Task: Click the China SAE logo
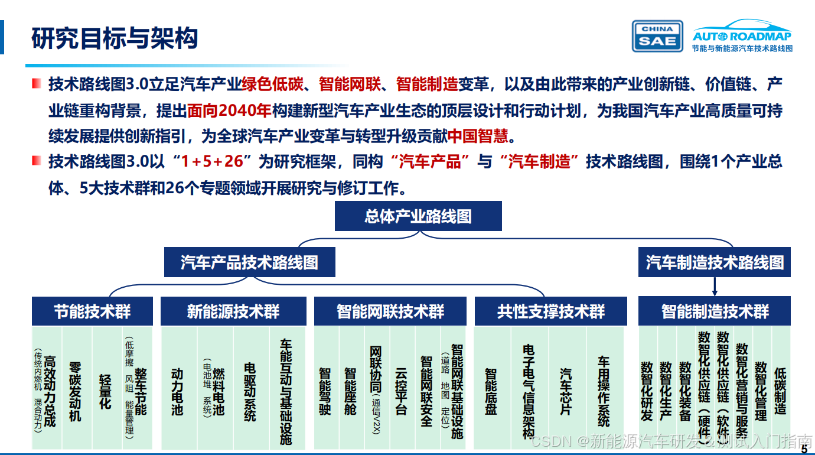pyautogui.click(x=657, y=37)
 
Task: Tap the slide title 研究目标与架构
pyautogui.click(x=115, y=38)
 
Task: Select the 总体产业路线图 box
pyautogui.click(x=418, y=216)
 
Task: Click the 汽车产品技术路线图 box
pyautogui.click(x=249, y=262)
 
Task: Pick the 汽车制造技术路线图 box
pyautogui.click(x=715, y=262)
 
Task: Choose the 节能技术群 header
pyautogui.click(x=92, y=311)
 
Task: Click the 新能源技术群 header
pyautogui.click(x=233, y=311)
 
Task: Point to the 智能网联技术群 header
pyautogui.click(x=390, y=311)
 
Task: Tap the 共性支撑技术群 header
pyautogui.click(x=550, y=311)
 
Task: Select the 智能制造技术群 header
pyautogui.click(x=715, y=311)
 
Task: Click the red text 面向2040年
pyautogui.click(x=229, y=110)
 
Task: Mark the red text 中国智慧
pyautogui.click(x=478, y=137)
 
